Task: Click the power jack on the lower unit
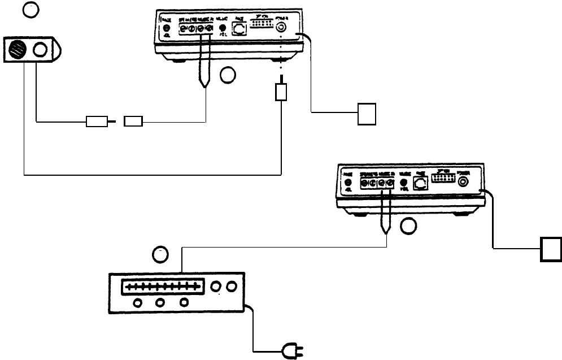[x=464, y=182]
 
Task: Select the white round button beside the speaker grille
[x=41, y=50]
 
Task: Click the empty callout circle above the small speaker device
[x=30, y=10]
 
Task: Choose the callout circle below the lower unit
[x=409, y=227]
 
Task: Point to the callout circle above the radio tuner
[x=161, y=255]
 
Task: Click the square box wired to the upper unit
[x=366, y=113]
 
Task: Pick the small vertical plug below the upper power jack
[x=281, y=92]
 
